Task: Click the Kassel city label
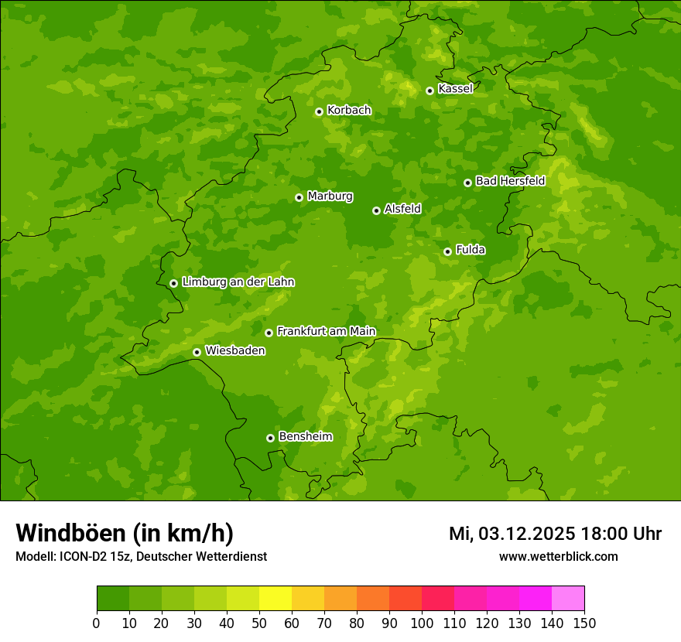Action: pyautogui.click(x=455, y=89)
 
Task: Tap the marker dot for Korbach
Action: pyautogui.click(x=319, y=111)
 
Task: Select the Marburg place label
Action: pyautogui.click(x=330, y=196)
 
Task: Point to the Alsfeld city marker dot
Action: pyautogui.click(x=376, y=210)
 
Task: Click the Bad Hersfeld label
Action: pyautogui.click(x=510, y=181)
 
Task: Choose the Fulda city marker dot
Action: pyautogui.click(x=447, y=251)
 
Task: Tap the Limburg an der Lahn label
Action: pyautogui.click(x=238, y=282)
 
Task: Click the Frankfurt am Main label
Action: pyautogui.click(x=326, y=331)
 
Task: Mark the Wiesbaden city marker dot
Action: pyautogui.click(x=197, y=352)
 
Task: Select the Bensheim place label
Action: pyautogui.click(x=305, y=436)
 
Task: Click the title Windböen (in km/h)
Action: pyautogui.click(x=125, y=533)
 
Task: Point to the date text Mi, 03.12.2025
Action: pyautogui.click(x=511, y=534)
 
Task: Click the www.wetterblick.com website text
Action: pyautogui.click(x=558, y=556)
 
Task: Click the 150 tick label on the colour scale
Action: pyautogui.click(x=584, y=623)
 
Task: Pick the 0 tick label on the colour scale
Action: pyautogui.click(x=97, y=623)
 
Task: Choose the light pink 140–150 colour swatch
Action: pyautogui.click(x=568, y=599)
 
